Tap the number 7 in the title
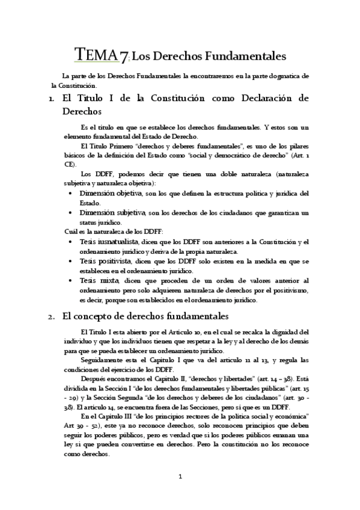123,57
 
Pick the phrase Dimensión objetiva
111,193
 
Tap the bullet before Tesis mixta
72,280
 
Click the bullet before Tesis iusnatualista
72,242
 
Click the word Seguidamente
102,360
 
